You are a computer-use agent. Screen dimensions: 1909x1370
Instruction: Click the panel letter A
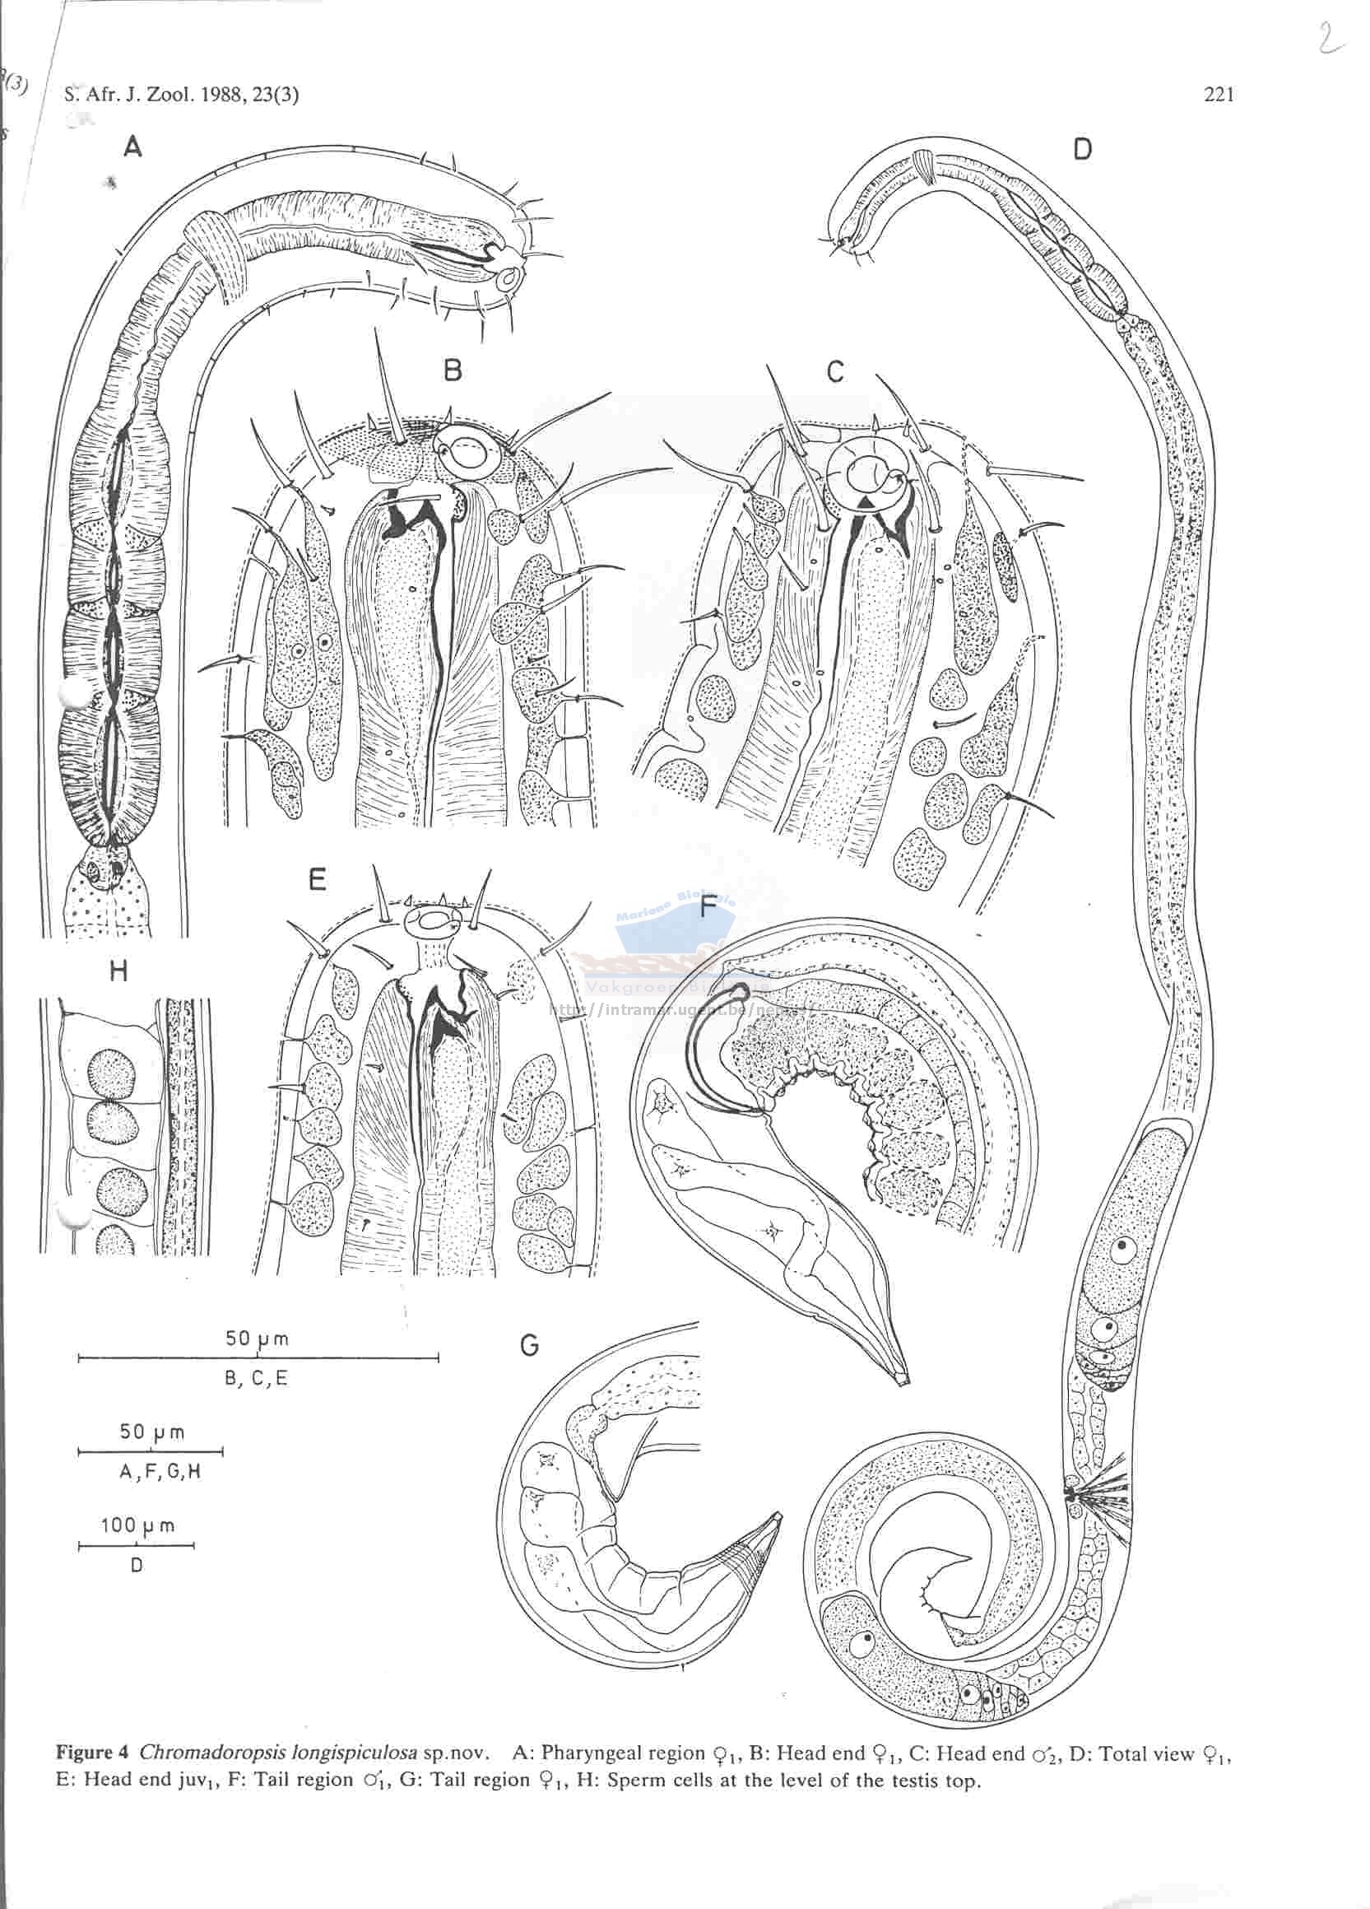pos(132,148)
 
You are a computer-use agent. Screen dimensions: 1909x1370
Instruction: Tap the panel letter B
pos(453,370)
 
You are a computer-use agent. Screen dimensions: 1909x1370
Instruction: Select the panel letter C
pos(835,371)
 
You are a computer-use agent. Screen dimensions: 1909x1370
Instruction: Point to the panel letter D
pos(1082,150)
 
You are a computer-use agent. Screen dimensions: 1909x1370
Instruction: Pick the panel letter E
pos(318,881)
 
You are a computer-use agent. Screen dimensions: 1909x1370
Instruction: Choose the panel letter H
pos(118,971)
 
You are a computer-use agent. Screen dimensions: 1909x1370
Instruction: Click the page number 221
pos(1219,95)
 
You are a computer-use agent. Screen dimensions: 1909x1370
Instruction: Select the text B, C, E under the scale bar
pos(257,1379)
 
